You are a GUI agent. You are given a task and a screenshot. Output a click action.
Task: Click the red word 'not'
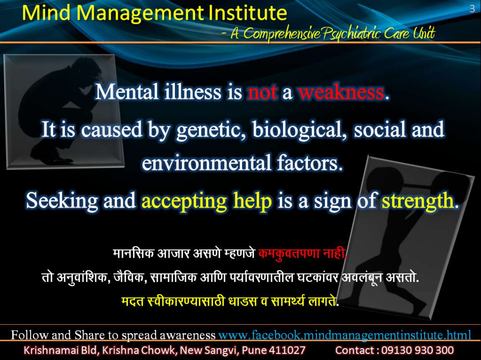[x=263, y=92]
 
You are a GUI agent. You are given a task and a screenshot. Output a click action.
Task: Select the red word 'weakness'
[x=341, y=92]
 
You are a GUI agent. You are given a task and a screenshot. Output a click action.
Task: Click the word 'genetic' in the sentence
[x=211, y=129]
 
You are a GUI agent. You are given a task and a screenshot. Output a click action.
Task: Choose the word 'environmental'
[x=206, y=163]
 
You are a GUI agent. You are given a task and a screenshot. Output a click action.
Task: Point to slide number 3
[x=472, y=9]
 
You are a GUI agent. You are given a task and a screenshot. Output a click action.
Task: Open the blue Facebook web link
[x=344, y=335]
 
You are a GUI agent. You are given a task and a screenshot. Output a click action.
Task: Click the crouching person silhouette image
[x=63, y=112]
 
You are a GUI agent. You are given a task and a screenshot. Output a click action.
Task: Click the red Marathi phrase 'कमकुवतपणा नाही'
[x=302, y=254]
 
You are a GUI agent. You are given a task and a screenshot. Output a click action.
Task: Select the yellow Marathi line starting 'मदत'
[x=230, y=301]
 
